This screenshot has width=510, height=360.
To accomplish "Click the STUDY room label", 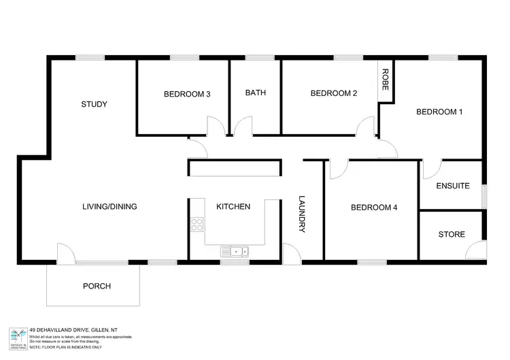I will coord(95,104).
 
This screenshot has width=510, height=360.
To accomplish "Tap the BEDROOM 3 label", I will coord(186,94).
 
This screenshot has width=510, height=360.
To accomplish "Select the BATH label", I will coord(255,93).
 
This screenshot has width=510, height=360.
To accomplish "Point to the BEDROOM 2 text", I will coord(334,94).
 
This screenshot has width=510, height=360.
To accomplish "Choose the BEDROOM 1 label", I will coord(439,112).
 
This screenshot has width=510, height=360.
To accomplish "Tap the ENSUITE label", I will coord(453,185).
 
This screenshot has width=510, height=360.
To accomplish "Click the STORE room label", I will coord(452,234).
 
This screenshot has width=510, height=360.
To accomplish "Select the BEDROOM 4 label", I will coord(374,208).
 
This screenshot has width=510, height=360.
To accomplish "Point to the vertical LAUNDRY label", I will coord(303,214).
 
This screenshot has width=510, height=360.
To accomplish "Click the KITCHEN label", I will coord(233,206).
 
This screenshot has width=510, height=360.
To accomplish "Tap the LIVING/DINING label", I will coord(110,206).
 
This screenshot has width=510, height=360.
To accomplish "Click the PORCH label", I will coord(97,286).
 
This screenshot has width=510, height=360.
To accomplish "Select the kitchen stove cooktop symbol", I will coord(197,224).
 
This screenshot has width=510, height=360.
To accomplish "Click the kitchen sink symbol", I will coord(235,252).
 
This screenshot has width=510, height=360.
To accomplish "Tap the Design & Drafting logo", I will coord(18,336).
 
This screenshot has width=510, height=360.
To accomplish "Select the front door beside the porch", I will coord(66,255).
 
